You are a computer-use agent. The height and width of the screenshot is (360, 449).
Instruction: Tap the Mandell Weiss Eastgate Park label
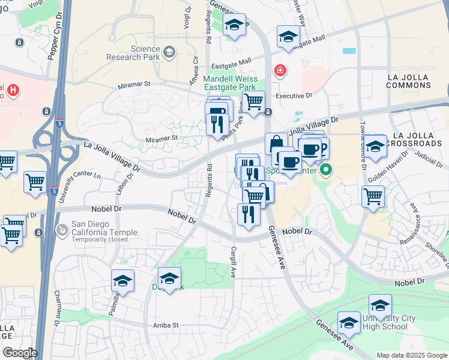230,83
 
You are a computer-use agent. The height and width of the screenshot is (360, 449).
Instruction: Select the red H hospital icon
13,91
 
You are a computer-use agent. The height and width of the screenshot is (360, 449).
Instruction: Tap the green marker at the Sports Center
326,170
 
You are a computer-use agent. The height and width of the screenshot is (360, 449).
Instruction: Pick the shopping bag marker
276,144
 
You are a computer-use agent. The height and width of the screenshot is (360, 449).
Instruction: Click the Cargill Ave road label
233,262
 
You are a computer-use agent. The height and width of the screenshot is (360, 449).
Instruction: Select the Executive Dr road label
294,95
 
